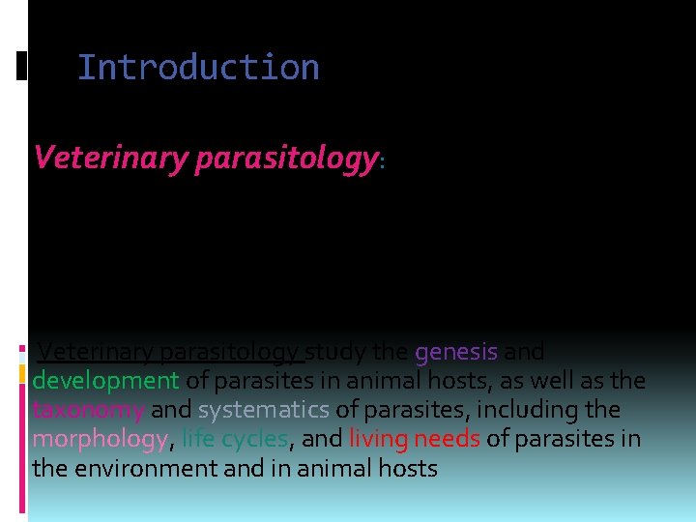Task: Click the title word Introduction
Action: point(198,68)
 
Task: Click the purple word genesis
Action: point(456,352)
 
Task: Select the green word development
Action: point(105,381)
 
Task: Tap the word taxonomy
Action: point(88,410)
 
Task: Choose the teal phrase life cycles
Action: point(234,439)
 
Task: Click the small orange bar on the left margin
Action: point(21,373)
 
